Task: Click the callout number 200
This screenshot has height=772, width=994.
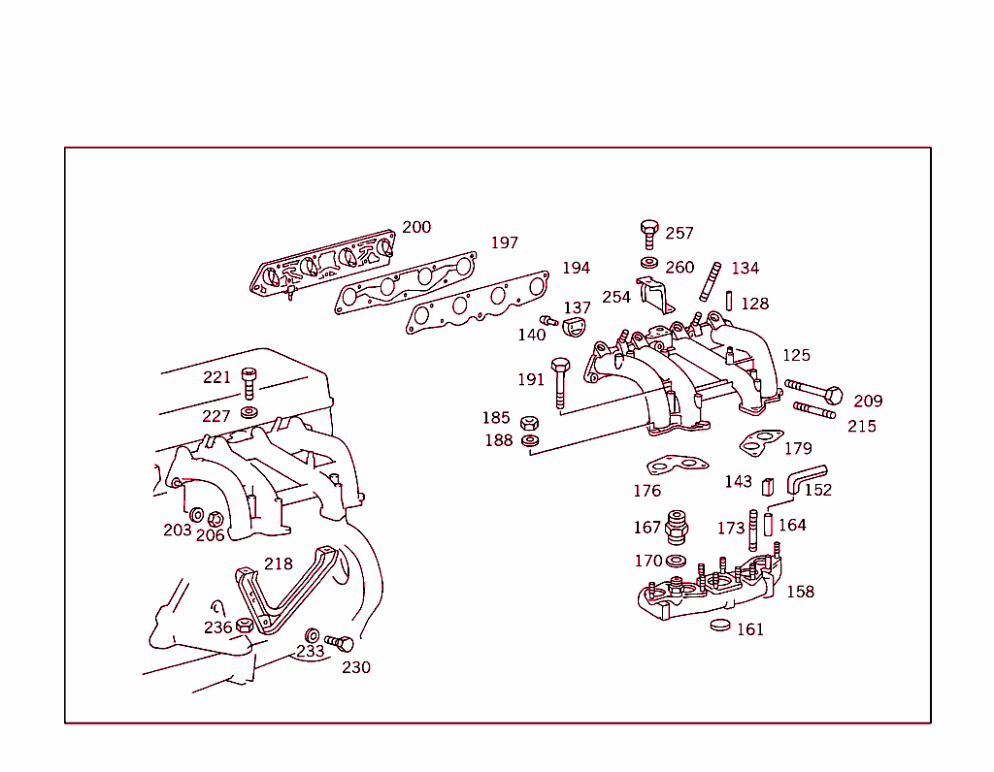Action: pos(416,227)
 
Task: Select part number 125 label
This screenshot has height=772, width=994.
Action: pos(796,355)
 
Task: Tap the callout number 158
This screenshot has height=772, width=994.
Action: pos(800,591)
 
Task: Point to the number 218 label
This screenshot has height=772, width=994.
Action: pos(279,563)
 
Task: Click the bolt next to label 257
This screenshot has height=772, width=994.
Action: pos(649,233)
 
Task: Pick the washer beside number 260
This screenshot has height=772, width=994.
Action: pos(649,264)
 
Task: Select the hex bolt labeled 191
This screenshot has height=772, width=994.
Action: pos(560,380)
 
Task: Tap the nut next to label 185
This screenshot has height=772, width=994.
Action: pos(529,423)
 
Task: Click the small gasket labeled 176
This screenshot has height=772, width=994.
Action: pos(677,466)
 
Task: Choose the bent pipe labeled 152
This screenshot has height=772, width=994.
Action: pos(805,477)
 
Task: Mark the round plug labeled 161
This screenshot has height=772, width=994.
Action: pos(720,625)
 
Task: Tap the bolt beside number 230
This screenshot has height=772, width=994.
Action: pos(340,642)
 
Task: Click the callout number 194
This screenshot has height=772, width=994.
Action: pos(576,268)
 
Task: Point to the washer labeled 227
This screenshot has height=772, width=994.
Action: pos(248,413)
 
